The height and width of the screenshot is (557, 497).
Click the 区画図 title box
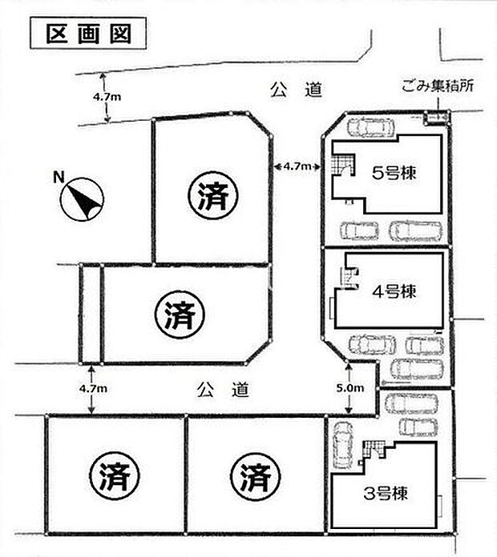click(x=89, y=34)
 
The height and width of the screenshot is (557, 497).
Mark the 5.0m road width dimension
click(x=351, y=388)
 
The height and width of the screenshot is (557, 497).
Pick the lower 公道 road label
click(x=223, y=391)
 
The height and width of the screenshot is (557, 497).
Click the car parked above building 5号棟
click(x=367, y=127)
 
